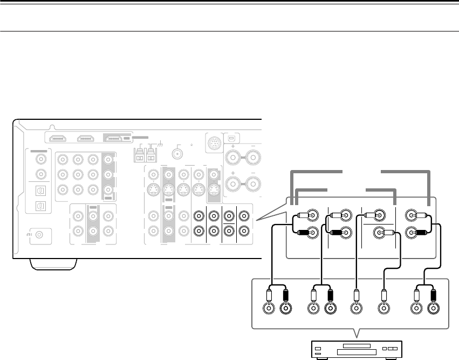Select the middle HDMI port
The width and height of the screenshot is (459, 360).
pyautogui.click(x=85, y=138)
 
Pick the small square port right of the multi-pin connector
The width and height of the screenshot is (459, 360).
pyautogui.click(x=232, y=135)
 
